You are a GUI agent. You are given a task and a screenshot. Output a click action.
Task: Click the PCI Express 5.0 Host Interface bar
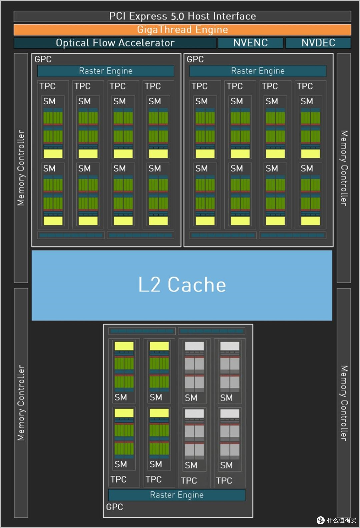point(182,16)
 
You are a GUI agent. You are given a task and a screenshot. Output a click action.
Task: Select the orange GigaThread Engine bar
point(182,30)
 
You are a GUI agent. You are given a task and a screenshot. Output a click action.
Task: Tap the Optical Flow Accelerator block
point(115,43)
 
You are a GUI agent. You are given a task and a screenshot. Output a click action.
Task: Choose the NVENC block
point(250,43)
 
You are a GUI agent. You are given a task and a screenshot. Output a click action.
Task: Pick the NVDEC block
point(318,43)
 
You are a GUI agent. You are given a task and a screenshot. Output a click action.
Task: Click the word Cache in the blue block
point(197,284)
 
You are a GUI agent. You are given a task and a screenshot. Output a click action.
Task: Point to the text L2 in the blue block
point(149,284)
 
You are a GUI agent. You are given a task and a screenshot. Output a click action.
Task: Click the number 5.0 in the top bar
point(177,17)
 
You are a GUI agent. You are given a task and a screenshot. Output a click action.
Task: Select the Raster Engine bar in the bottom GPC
point(177,495)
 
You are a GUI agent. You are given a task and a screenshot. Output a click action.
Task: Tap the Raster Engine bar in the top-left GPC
point(106,71)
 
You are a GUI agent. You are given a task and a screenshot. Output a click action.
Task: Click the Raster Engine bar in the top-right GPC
point(258,71)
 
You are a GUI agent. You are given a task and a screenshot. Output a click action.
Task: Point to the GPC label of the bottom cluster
point(115,507)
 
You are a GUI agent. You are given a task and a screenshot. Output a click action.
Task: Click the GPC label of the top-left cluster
point(43,59)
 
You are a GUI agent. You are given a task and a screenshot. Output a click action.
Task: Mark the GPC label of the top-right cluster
point(195,59)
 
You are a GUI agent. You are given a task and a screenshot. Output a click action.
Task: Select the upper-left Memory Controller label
point(21,168)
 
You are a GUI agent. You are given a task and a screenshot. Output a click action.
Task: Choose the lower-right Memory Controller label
point(344,403)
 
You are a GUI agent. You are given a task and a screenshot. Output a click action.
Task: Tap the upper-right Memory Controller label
point(344,168)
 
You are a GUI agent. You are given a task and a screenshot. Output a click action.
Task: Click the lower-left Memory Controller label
point(21,403)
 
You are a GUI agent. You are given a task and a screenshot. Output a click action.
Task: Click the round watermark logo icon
point(321,520)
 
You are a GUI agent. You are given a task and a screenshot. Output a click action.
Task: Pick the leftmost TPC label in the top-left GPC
point(47,86)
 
